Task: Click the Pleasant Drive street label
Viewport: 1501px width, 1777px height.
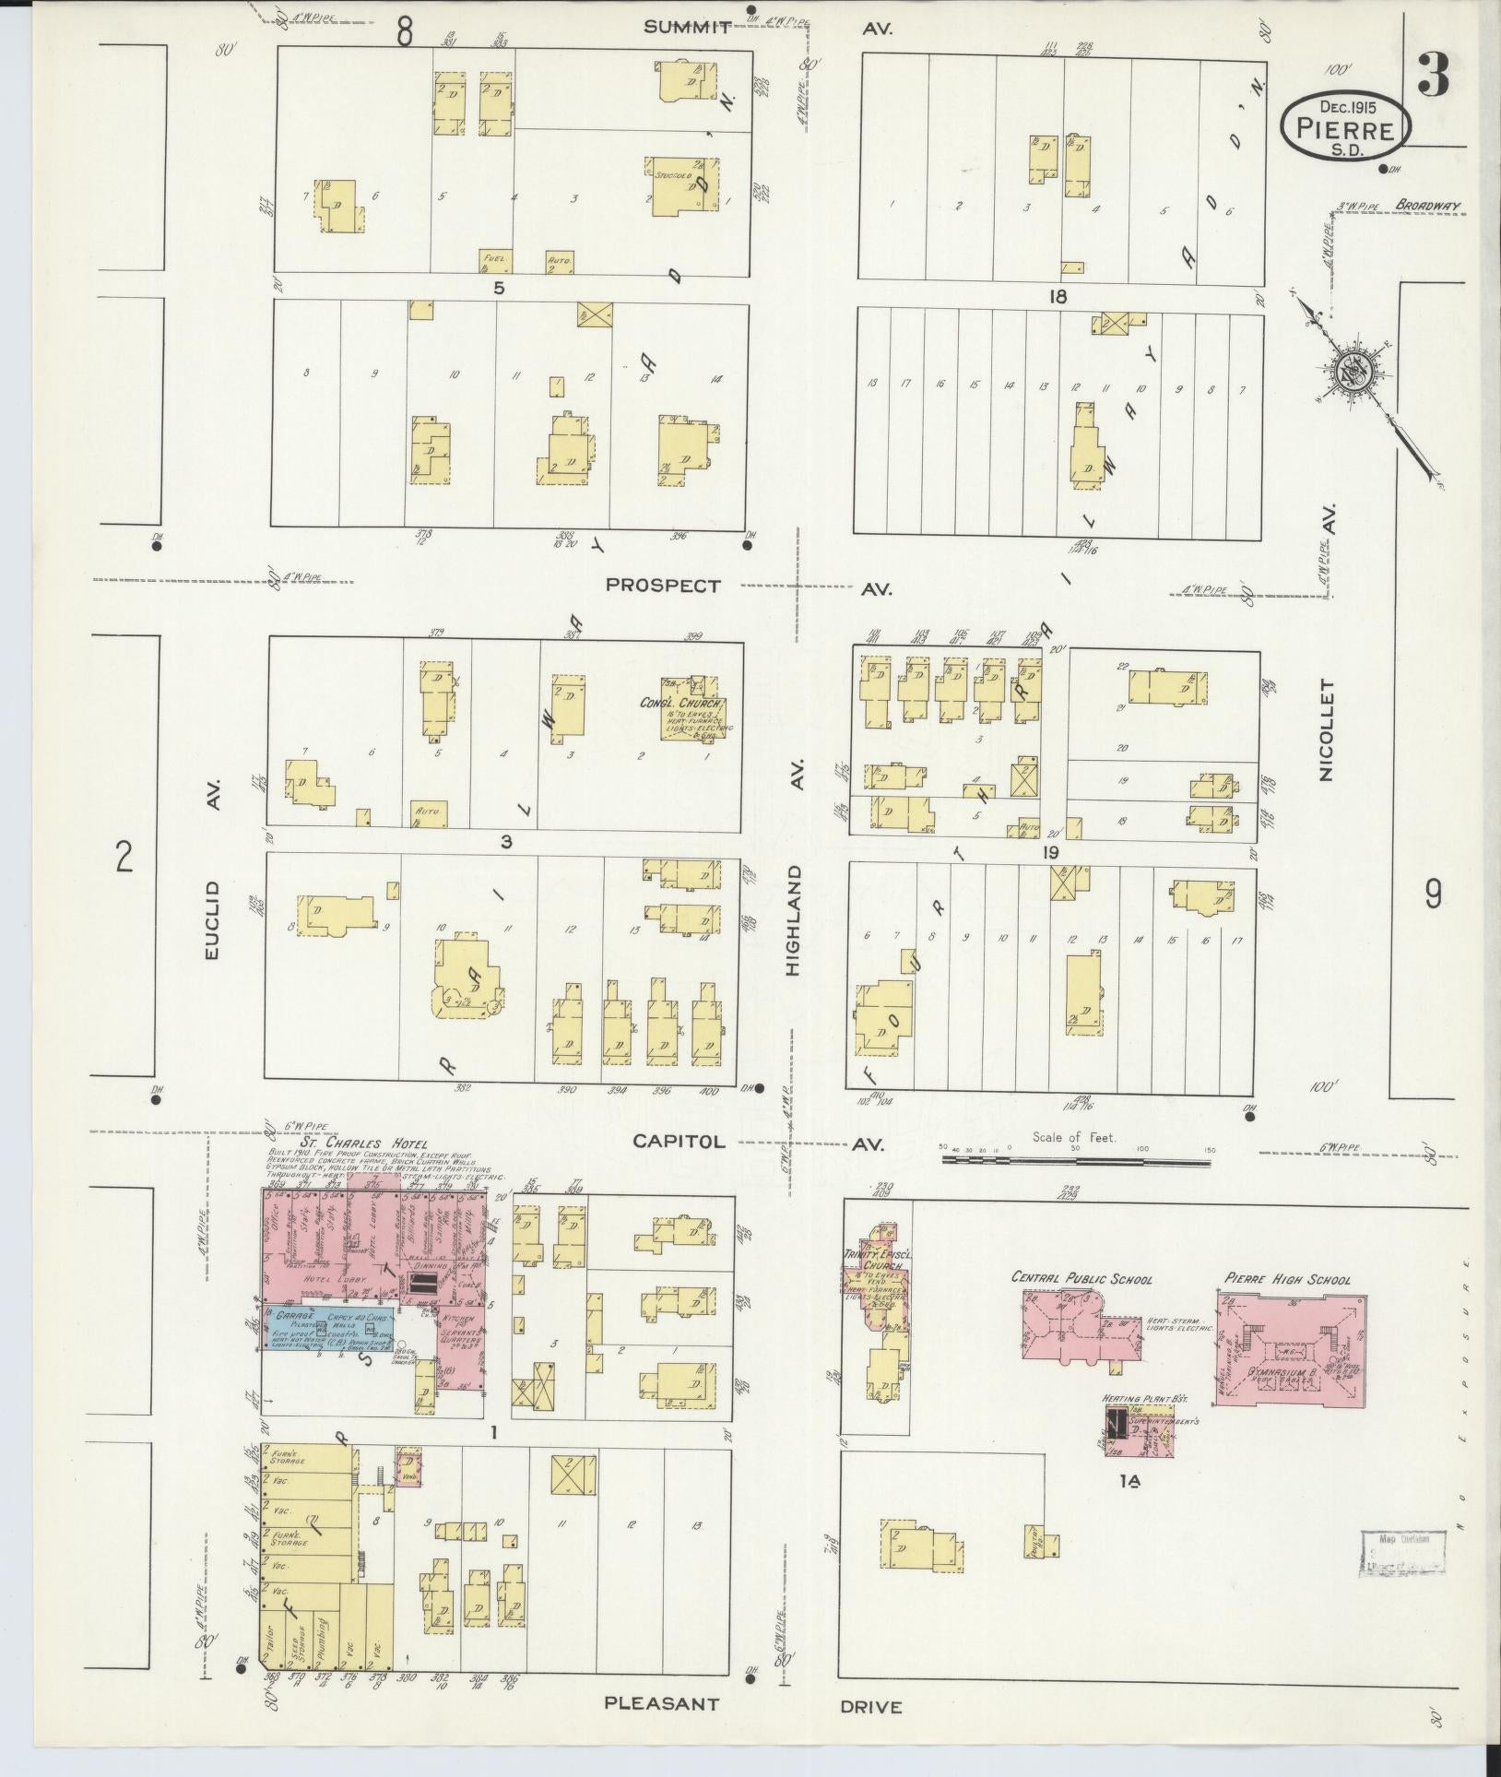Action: pos(751,1705)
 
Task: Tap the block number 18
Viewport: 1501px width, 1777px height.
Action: pos(1057,296)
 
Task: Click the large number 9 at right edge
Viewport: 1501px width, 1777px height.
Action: pos(1434,894)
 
